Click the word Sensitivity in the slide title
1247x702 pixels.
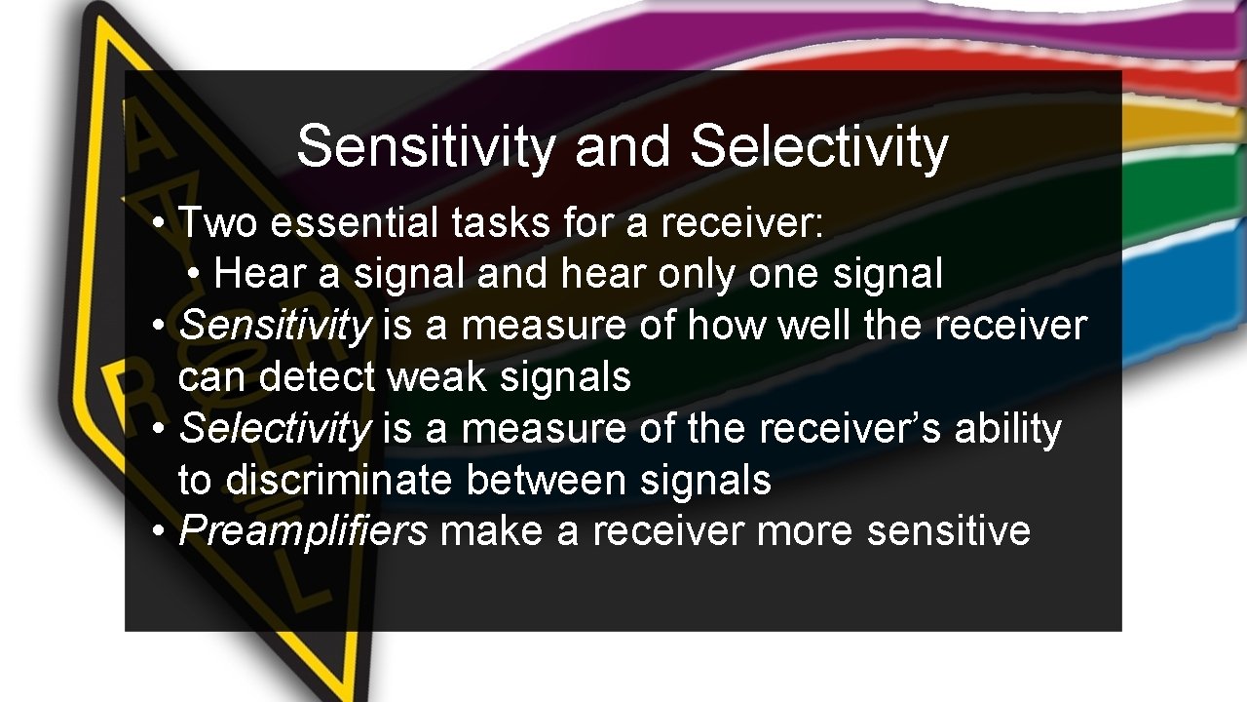[426, 147]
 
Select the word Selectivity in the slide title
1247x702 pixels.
[818, 147]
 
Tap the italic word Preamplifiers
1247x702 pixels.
[303, 531]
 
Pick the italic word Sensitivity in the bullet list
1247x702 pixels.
[275, 326]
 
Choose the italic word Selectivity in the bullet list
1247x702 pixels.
[275, 429]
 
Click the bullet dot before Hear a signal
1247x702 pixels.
[196, 275]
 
